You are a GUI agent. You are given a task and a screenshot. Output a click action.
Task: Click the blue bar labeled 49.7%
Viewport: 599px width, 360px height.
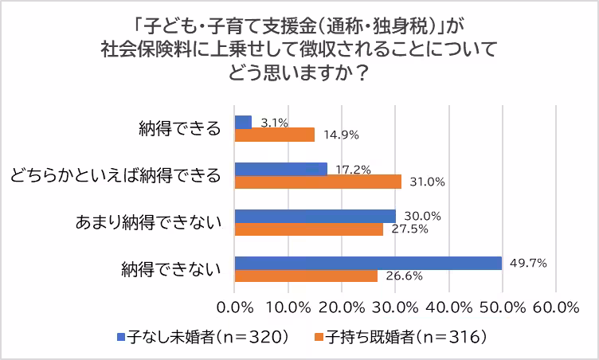click(368, 263)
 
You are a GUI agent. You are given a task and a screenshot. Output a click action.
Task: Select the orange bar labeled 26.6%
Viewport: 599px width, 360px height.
click(307, 276)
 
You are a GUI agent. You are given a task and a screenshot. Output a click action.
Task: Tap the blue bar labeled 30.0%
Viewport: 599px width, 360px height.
click(315, 216)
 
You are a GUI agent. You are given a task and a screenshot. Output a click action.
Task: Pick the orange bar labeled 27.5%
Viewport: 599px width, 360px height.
click(309, 229)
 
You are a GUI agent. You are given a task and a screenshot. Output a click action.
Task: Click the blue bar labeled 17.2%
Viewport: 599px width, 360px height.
click(281, 169)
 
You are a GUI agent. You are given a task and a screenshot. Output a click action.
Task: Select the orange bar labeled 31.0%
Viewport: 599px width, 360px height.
click(318, 182)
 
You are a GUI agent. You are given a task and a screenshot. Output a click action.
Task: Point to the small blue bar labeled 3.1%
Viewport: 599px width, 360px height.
click(244, 122)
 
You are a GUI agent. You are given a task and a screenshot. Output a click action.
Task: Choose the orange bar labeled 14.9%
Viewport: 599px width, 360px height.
click(275, 135)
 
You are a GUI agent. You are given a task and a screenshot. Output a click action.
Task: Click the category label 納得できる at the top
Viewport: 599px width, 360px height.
click(178, 129)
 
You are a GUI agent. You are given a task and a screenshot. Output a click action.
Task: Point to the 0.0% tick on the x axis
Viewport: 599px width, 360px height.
click(235, 307)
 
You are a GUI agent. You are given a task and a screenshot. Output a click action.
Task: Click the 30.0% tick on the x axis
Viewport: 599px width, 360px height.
click(395, 307)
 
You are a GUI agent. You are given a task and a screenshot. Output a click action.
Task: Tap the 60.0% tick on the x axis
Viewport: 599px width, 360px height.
click(555, 307)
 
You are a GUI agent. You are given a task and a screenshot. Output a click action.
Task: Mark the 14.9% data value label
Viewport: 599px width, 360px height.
click(339, 135)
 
